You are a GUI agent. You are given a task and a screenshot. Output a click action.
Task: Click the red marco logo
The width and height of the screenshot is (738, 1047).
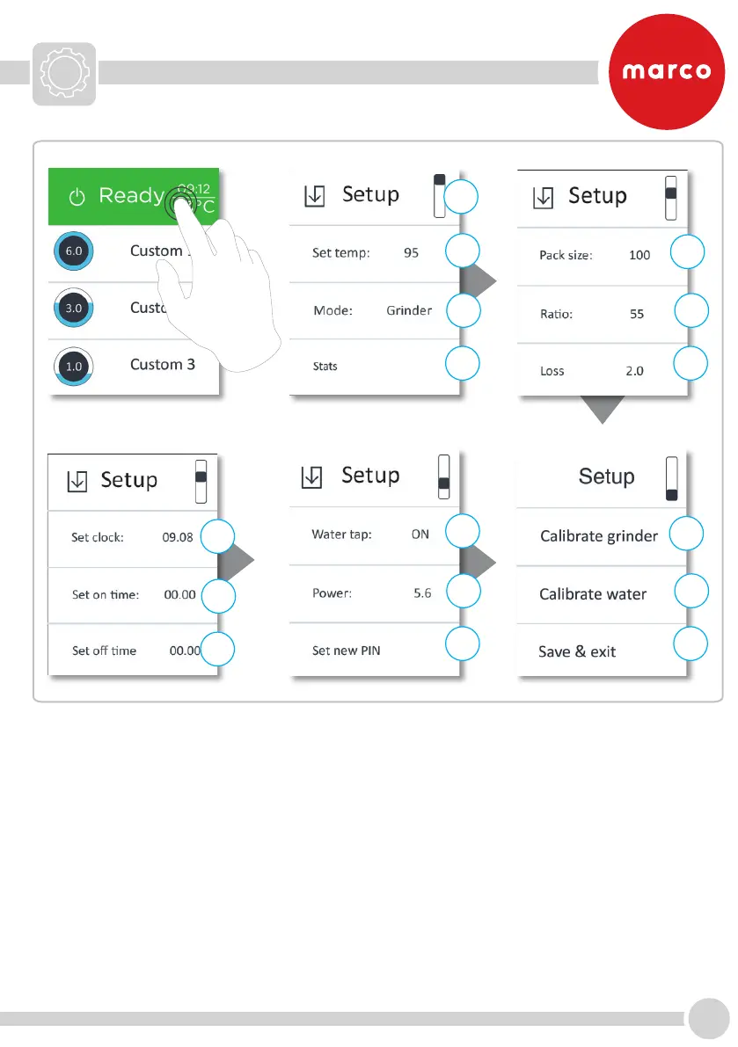tap(667, 71)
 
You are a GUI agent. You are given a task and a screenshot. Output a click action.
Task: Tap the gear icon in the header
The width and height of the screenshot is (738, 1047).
tap(65, 73)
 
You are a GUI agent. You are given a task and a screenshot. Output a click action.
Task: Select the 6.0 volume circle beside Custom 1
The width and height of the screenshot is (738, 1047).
tap(73, 251)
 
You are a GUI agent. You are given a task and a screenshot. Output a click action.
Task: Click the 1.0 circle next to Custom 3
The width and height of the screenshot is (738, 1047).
tap(73, 365)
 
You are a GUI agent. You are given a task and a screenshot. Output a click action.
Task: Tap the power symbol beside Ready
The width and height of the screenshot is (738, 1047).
tap(77, 196)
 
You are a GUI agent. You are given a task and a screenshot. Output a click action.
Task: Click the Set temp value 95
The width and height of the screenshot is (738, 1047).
tap(411, 253)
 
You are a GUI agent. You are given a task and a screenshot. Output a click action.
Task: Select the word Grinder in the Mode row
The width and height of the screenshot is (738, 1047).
tap(409, 310)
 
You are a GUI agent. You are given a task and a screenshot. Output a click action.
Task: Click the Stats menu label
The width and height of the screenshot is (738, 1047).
tap(325, 366)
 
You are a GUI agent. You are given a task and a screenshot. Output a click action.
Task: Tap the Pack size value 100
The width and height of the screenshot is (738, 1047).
tap(639, 255)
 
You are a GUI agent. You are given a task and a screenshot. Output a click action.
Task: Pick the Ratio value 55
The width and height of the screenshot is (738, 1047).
tap(637, 313)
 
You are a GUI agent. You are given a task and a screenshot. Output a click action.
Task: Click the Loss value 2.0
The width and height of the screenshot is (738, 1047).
tap(634, 371)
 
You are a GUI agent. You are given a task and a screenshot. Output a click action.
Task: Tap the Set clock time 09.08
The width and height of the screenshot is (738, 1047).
tap(178, 537)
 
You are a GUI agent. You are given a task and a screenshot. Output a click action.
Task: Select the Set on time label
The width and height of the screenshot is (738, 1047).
tap(106, 595)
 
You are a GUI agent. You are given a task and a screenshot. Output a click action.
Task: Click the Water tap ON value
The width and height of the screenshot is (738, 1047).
tap(420, 534)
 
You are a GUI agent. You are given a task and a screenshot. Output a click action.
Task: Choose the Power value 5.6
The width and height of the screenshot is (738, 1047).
tap(422, 593)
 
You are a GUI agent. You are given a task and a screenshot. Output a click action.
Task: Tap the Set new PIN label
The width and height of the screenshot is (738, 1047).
tap(347, 651)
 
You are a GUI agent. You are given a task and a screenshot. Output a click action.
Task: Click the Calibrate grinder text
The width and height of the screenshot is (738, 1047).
tap(599, 536)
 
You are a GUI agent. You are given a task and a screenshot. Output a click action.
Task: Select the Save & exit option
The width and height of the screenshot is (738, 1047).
tap(577, 652)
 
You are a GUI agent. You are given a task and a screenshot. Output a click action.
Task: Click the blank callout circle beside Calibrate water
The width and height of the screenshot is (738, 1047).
tap(691, 591)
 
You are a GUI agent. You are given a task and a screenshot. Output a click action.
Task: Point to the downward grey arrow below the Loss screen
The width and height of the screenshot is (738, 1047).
tap(602, 408)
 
